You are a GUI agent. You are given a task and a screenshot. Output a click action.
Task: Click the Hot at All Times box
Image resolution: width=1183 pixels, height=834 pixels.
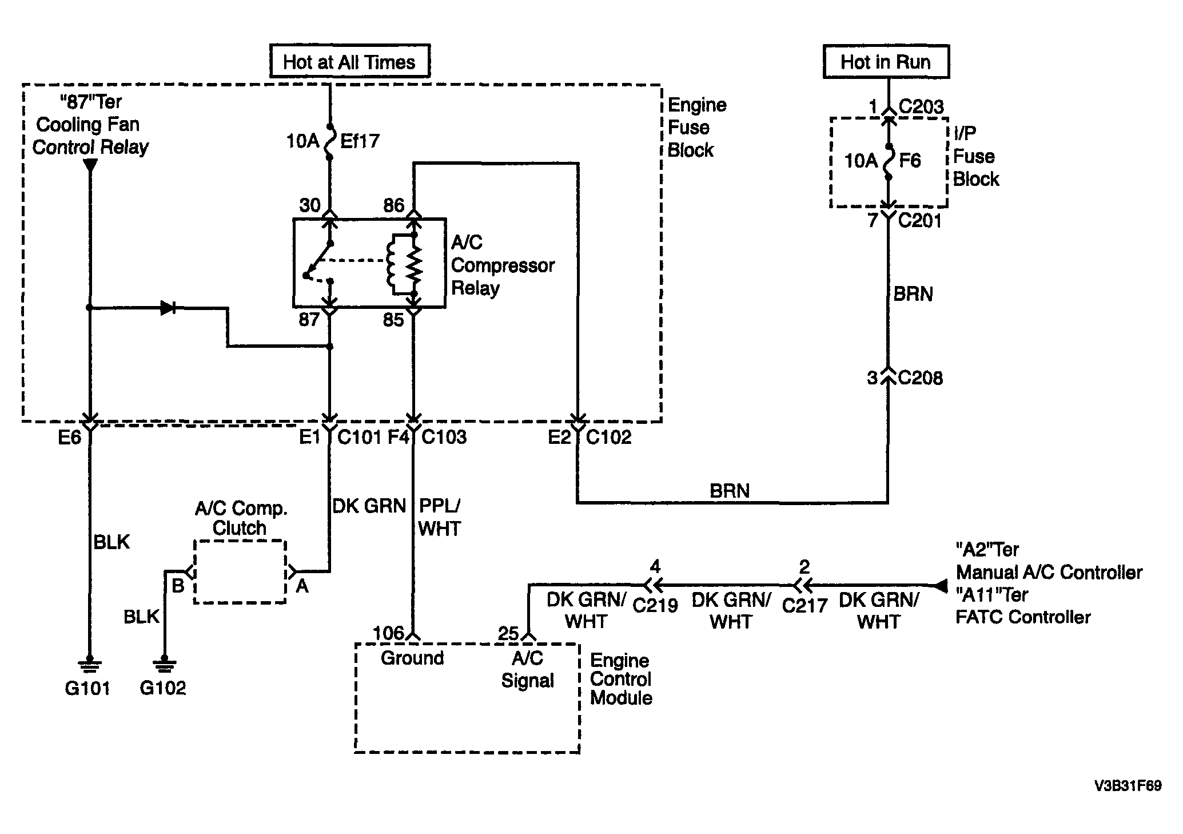[349, 61]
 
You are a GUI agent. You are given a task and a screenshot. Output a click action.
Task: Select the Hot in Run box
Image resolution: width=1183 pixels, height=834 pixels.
[886, 61]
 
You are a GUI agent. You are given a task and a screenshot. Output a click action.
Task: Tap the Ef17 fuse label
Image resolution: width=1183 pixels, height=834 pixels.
[360, 141]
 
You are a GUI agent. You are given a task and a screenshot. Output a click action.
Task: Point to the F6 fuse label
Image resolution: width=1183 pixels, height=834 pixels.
[910, 161]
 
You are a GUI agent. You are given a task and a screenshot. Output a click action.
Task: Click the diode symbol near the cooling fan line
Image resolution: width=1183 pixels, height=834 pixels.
[168, 308]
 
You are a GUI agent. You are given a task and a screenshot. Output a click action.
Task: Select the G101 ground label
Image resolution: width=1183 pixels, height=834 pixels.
[87, 688]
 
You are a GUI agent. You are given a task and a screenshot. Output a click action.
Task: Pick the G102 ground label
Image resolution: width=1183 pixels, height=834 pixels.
[163, 688]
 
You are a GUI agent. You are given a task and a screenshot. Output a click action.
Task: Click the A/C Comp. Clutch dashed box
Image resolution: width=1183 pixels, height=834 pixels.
[240, 571]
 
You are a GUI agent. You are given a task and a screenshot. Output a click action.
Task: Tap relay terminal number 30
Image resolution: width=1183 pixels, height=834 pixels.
[310, 205]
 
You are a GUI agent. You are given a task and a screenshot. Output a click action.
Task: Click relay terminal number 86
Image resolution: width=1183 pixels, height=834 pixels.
[393, 205]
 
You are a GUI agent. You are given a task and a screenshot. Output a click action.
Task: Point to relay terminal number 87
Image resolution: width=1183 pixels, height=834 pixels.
[309, 319]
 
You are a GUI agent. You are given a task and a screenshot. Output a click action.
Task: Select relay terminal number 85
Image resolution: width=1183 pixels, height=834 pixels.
[393, 320]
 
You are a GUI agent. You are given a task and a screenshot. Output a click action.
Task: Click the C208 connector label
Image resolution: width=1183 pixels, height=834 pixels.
[921, 378]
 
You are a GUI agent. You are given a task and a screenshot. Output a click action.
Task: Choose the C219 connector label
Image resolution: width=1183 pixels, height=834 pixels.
[655, 605]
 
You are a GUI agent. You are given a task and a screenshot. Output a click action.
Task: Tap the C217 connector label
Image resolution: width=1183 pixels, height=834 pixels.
[804, 605]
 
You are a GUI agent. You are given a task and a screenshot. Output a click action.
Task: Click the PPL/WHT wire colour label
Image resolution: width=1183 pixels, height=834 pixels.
[440, 517]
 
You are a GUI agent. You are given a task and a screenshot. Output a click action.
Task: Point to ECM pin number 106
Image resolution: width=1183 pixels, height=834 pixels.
[389, 633]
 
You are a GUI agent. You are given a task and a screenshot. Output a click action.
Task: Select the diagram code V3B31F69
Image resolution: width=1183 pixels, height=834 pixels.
[1128, 786]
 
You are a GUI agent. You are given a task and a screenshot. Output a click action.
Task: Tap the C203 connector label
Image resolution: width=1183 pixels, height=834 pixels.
[921, 106]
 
